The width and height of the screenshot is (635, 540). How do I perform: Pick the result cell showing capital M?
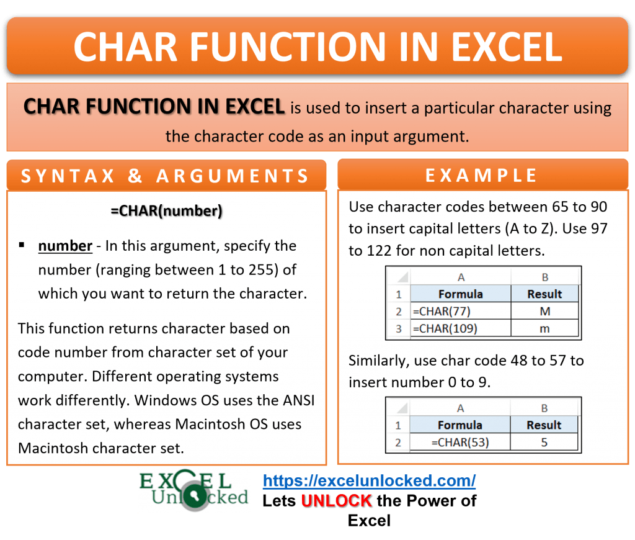coord(544,311)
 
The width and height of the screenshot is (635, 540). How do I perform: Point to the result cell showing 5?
coord(544,443)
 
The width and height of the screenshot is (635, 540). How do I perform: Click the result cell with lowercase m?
coord(544,328)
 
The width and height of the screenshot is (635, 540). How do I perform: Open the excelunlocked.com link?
coord(369,480)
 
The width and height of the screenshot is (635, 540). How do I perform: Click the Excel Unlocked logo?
coord(193,490)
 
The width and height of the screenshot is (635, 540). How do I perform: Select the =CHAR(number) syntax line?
coord(166,210)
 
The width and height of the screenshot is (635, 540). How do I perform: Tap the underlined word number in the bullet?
coord(65,246)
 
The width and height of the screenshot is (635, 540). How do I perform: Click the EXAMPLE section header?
coord(482,176)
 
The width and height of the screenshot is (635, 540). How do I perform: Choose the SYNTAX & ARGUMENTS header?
coord(166,176)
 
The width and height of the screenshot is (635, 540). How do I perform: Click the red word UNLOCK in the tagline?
coord(337,500)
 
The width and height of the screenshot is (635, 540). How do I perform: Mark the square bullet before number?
coord(22,245)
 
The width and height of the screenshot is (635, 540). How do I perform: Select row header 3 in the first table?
coord(398,328)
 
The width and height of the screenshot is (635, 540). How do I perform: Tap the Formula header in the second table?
coord(460,425)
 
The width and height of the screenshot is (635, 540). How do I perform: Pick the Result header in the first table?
coord(544,294)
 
